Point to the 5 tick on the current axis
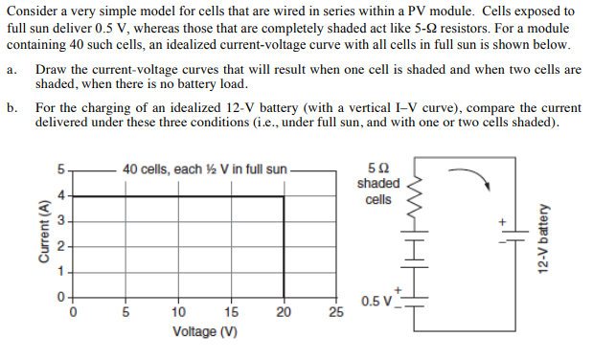(59, 170)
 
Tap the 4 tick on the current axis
(59, 195)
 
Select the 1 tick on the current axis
(59, 272)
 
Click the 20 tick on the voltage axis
(284, 311)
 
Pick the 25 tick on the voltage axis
(335, 311)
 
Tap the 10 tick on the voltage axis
(178, 311)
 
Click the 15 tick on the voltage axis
(231, 311)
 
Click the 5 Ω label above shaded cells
(377, 169)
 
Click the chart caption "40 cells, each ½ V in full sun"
(205, 170)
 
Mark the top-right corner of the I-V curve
(284, 196)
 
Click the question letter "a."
(11, 71)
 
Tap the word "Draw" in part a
(51, 71)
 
